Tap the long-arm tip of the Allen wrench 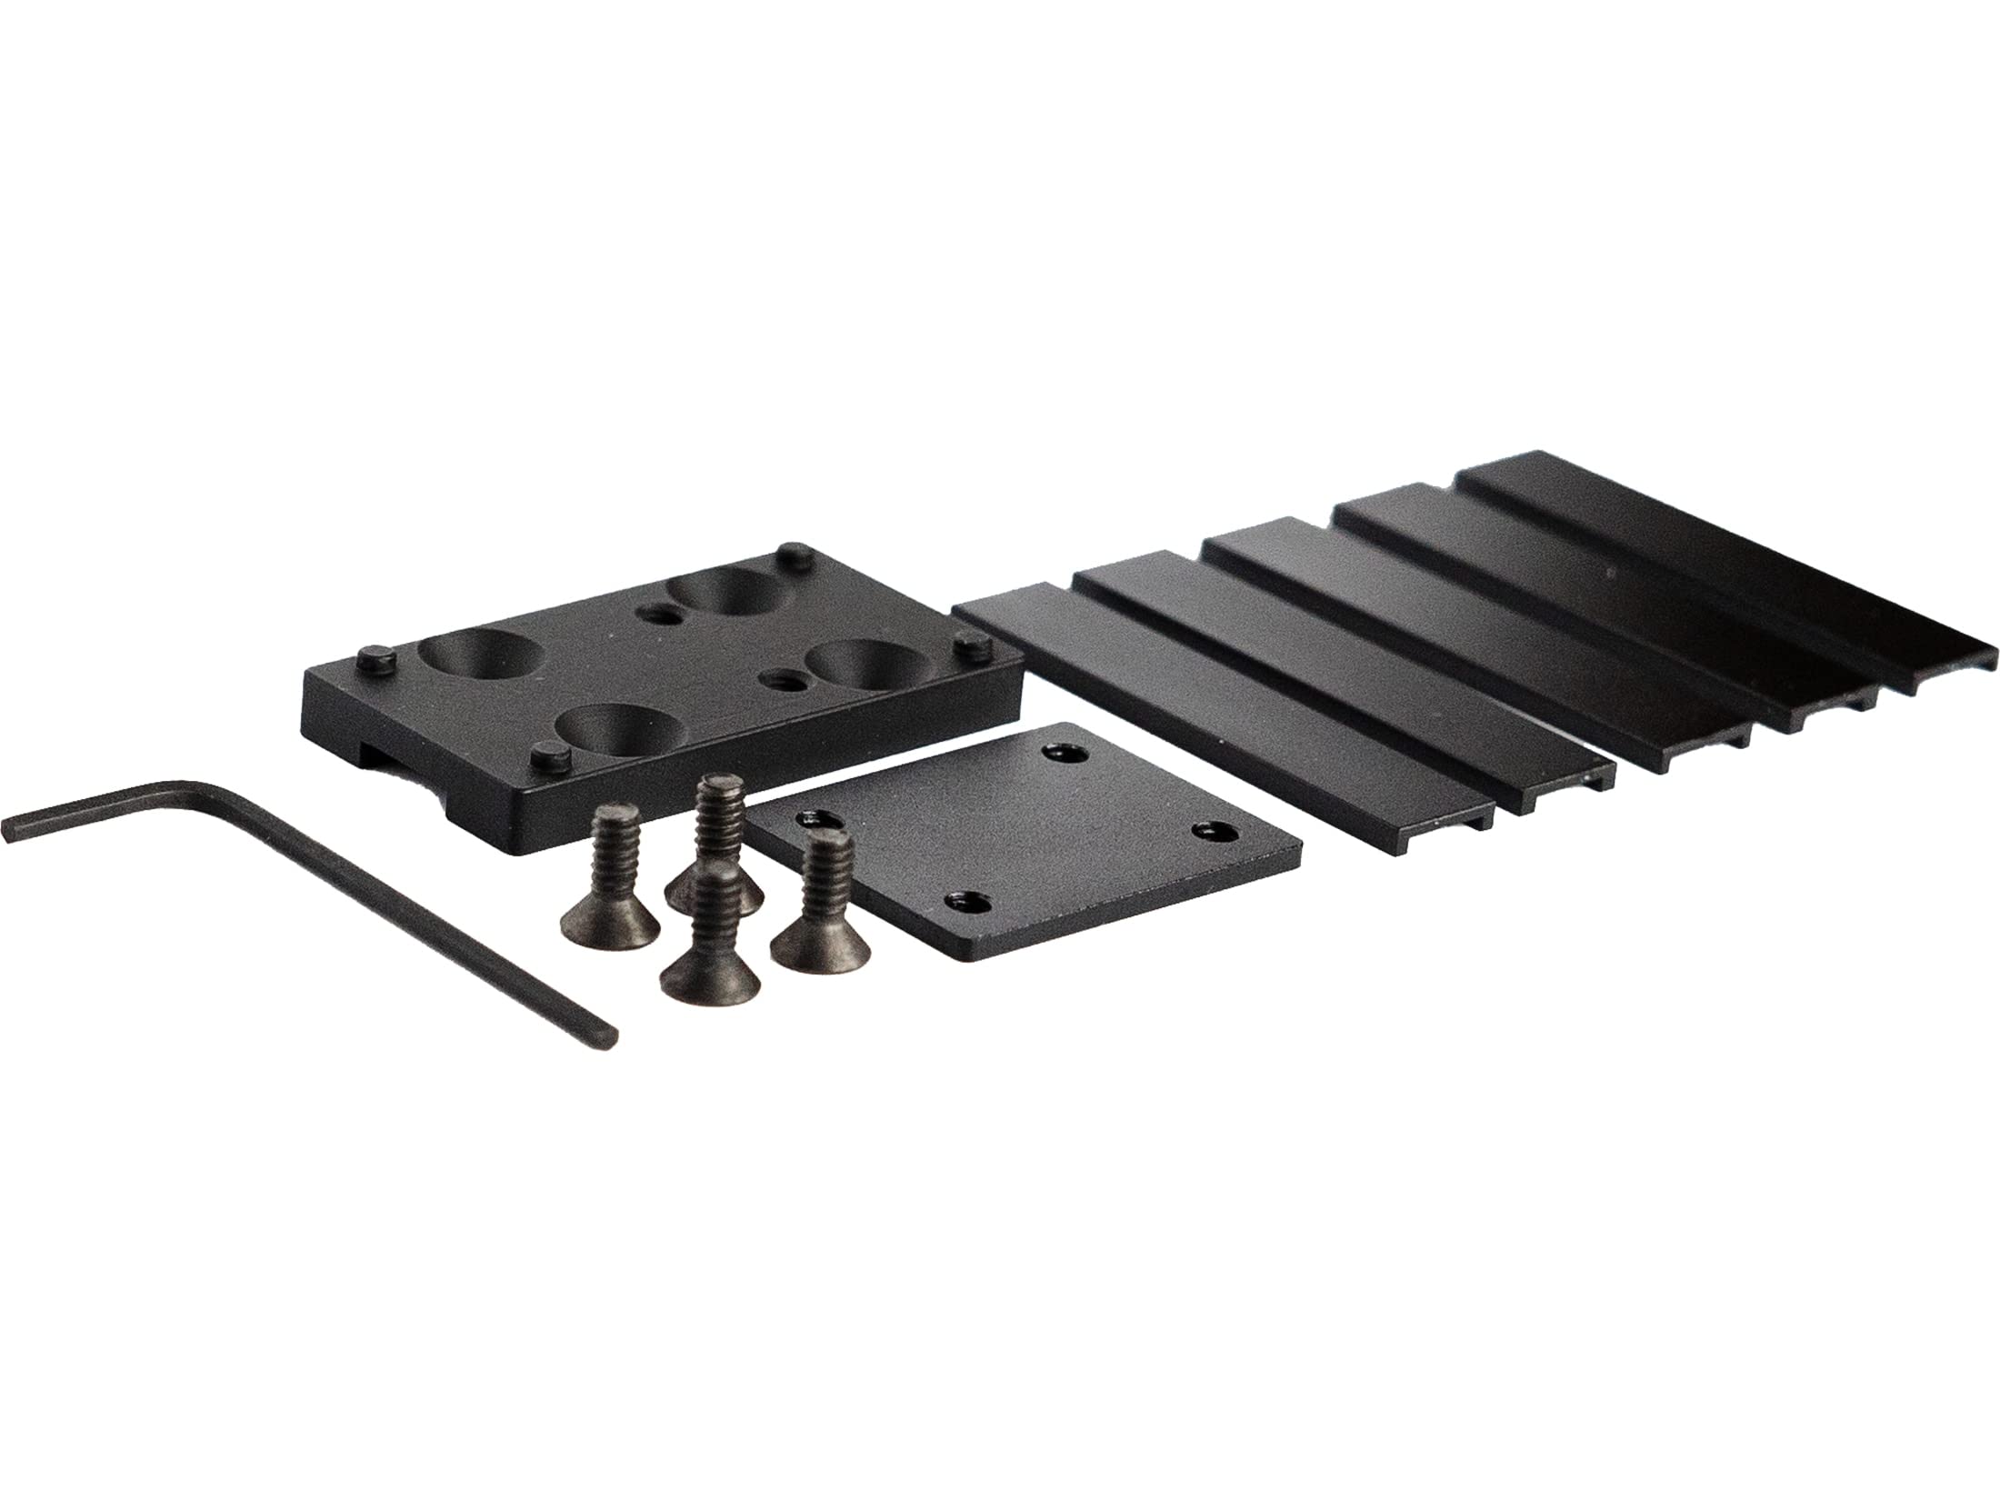pyautogui.click(x=611, y=1035)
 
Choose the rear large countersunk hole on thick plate pyautogui.click(x=718, y=596)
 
